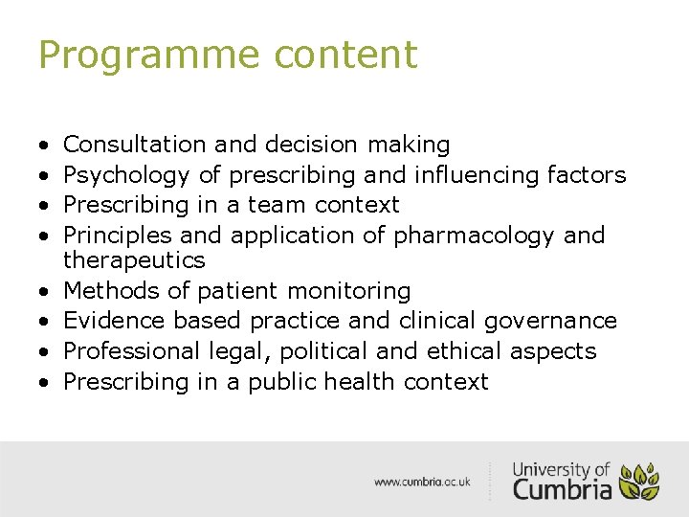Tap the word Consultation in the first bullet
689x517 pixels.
[134, 145]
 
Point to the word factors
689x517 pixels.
[587, 174]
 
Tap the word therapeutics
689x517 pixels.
[134, 259]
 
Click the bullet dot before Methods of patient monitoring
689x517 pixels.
[44, 291]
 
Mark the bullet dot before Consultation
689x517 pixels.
[44, 146]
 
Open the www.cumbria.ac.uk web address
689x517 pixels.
[422, 482]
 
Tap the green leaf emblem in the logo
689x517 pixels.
[639, 482]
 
